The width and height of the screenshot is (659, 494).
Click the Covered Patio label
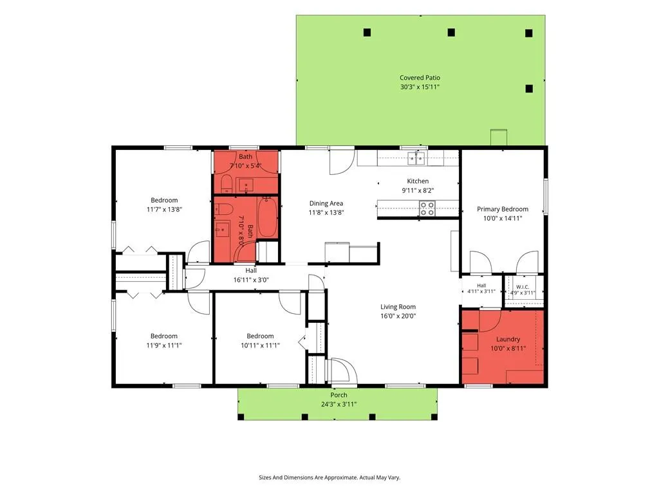(x=420, y=78)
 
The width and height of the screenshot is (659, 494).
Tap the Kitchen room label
(x=418, y=181)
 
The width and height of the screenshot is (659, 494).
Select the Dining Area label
(x=326, y=204)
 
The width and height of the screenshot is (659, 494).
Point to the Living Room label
(x=398, y=307)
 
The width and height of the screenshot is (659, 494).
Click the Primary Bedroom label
(x=503, y=209)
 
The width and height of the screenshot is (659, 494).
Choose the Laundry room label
(x=508, y=339)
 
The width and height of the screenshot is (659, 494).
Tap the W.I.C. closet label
(x=523, y=287)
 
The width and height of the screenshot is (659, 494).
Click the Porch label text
(x=339, y=395)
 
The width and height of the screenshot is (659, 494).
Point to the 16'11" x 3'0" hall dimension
(x=251, y=280)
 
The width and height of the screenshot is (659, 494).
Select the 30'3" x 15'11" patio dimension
(x=420, y=87)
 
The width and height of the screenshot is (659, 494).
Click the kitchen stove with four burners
(x=427, y=208)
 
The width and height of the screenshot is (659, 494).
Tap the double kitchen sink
(x=416, y=159)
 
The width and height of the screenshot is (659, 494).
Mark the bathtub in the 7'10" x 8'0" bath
(x=267, y=217)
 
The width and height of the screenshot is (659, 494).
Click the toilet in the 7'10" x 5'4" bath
(x=227, y=183)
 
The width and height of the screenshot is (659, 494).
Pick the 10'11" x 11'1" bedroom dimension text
(x=260, y=345)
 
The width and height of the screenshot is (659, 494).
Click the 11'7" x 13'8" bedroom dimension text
(x=164, y=209)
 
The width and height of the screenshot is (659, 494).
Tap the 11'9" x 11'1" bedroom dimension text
(x=164, y=345)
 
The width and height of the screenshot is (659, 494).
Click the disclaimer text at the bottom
(x=329, y=478)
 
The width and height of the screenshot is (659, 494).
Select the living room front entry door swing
(x=344, y=370)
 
